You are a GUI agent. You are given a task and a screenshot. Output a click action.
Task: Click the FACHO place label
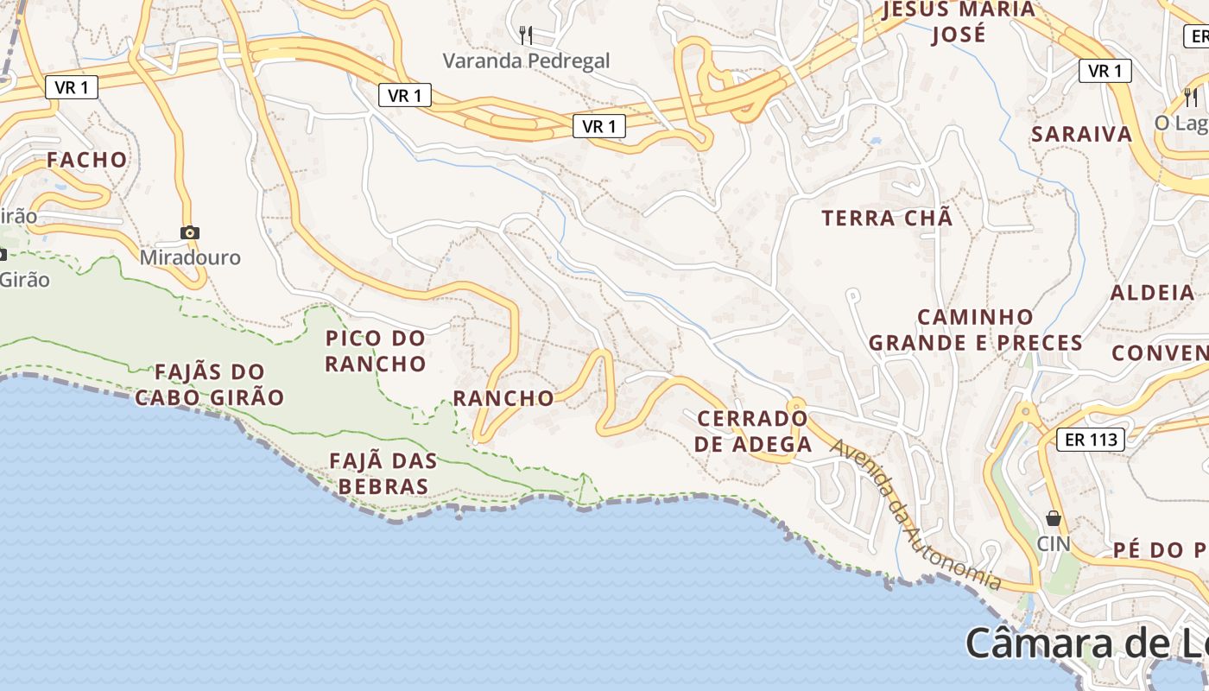[x=86, y=160]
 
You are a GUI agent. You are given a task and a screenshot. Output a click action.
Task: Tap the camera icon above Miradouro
[x=190, y=232]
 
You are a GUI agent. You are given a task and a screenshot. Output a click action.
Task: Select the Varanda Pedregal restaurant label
[x=526, y=60]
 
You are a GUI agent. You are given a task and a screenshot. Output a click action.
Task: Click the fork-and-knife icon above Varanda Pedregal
[x=525, y=35]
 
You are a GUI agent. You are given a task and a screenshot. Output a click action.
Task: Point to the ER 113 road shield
[x=1092, y=439]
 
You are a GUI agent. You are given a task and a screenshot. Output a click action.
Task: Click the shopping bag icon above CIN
[x=1054, y=518]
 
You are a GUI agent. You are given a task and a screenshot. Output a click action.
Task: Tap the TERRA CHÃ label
[x=887, y=218]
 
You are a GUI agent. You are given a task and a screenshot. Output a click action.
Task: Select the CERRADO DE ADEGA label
[x=754, y=432]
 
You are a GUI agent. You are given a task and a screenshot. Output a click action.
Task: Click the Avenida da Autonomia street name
[x=915, y=515]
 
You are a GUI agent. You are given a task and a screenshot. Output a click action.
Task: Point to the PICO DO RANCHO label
[x=376, y=351]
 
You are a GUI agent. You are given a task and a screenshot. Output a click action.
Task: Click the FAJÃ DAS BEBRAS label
[x=383, y=473]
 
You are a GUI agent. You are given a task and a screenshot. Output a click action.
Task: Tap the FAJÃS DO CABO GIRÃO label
[x=210, y=385]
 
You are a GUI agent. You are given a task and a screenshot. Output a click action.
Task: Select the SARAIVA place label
[x=1081, y=134]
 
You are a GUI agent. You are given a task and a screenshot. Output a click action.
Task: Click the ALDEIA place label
[x=1152, y=292]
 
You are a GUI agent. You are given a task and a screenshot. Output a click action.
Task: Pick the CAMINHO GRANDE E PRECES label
[x=976, y=330]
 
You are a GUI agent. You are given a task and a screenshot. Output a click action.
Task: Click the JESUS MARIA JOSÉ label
[x=959, y=22]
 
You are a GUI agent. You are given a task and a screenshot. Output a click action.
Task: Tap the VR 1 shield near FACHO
[x=72, y=86]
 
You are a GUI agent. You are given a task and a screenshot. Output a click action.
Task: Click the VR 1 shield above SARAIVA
[x=1105, y=71]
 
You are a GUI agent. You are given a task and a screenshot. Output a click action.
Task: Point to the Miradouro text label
[x=190, y=257]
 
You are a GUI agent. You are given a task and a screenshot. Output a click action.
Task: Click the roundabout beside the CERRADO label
[x=795, y=404]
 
